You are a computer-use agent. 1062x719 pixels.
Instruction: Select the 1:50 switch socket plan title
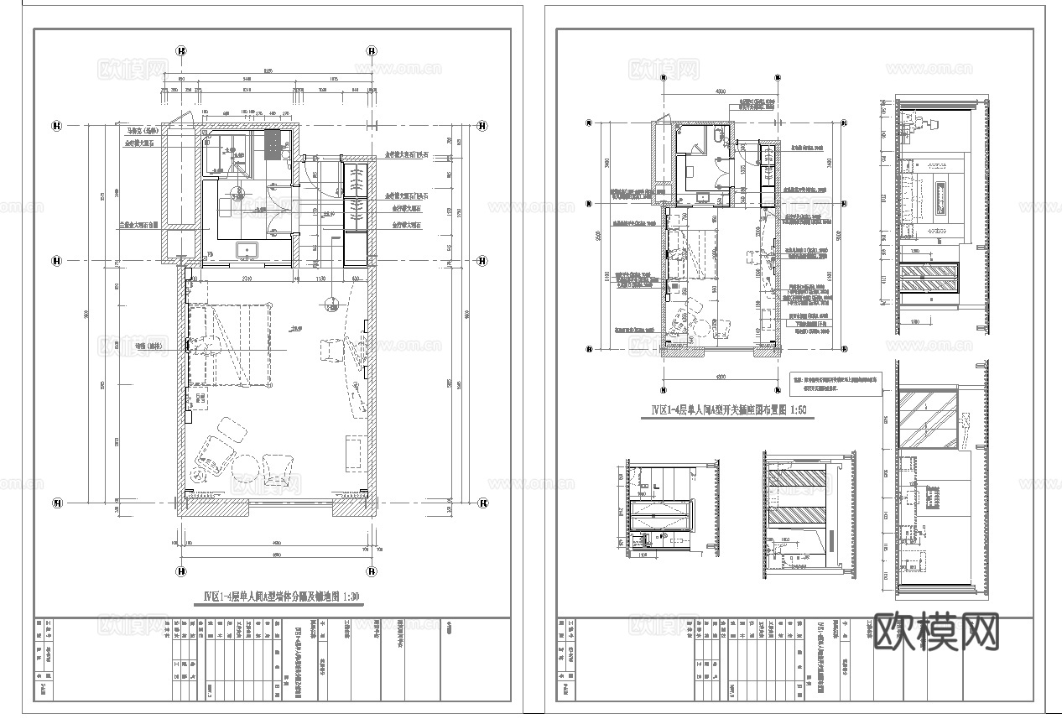730,411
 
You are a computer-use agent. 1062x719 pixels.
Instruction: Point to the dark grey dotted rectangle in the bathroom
274,144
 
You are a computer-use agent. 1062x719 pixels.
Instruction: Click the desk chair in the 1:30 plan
334,346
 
